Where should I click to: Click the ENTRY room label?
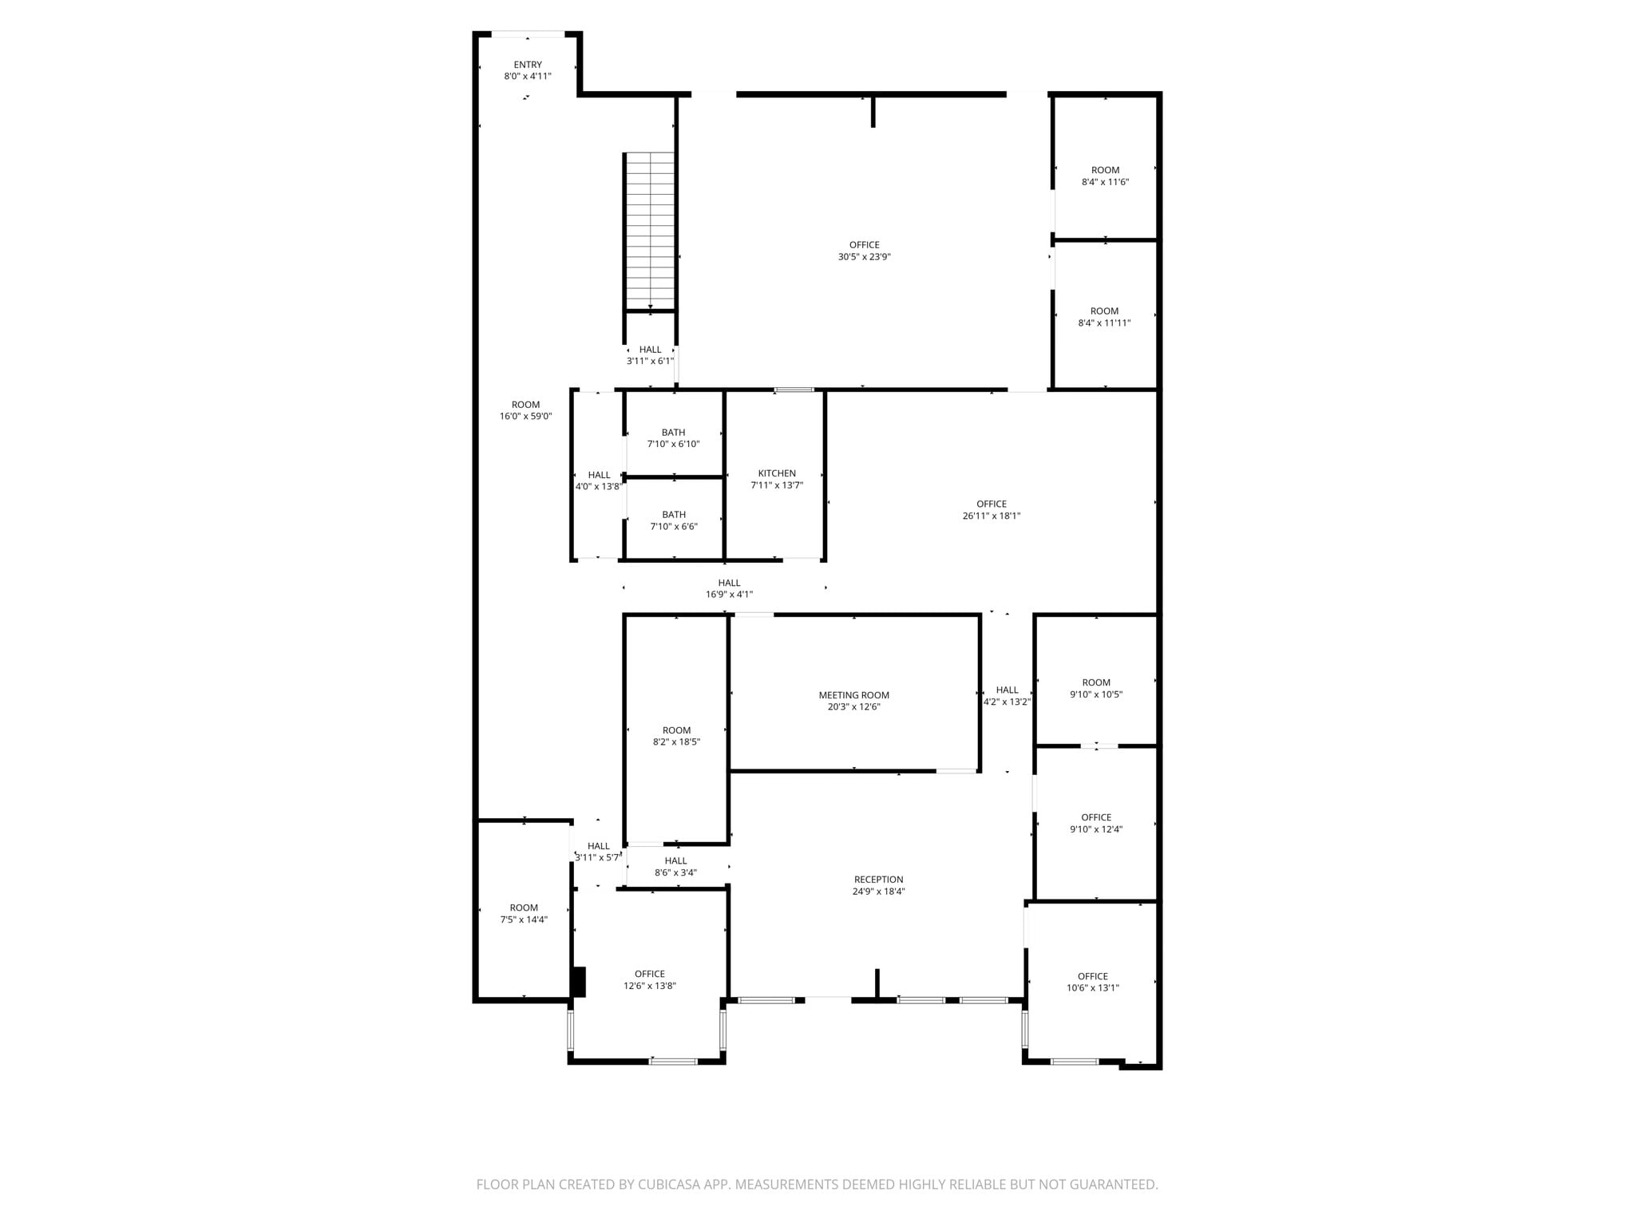point(527,65)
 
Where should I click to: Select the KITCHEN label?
point(777,473)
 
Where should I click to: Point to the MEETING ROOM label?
point(853,695)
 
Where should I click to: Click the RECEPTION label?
point(878,880)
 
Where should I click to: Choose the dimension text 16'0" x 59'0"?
point(525,417)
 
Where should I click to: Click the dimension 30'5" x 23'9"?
point(864,257)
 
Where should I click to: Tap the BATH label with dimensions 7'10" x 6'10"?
point(673,433)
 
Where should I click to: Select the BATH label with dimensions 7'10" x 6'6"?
point(673,515)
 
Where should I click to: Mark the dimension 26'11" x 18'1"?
point(991,516)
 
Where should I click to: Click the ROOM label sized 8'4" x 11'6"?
point(1105,170)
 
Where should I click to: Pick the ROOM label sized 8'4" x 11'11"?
point(1104,311)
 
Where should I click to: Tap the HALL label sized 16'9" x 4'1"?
point(729,583)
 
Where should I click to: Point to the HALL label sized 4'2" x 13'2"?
point(1007,690)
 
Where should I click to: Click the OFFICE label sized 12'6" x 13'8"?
point(649,974)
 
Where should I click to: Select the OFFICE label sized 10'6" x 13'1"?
point(1092,976)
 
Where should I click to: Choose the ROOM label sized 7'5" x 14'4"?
point(524,908)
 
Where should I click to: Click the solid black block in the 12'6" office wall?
point(579,982)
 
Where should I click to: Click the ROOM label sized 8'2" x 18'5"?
point(676,730)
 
